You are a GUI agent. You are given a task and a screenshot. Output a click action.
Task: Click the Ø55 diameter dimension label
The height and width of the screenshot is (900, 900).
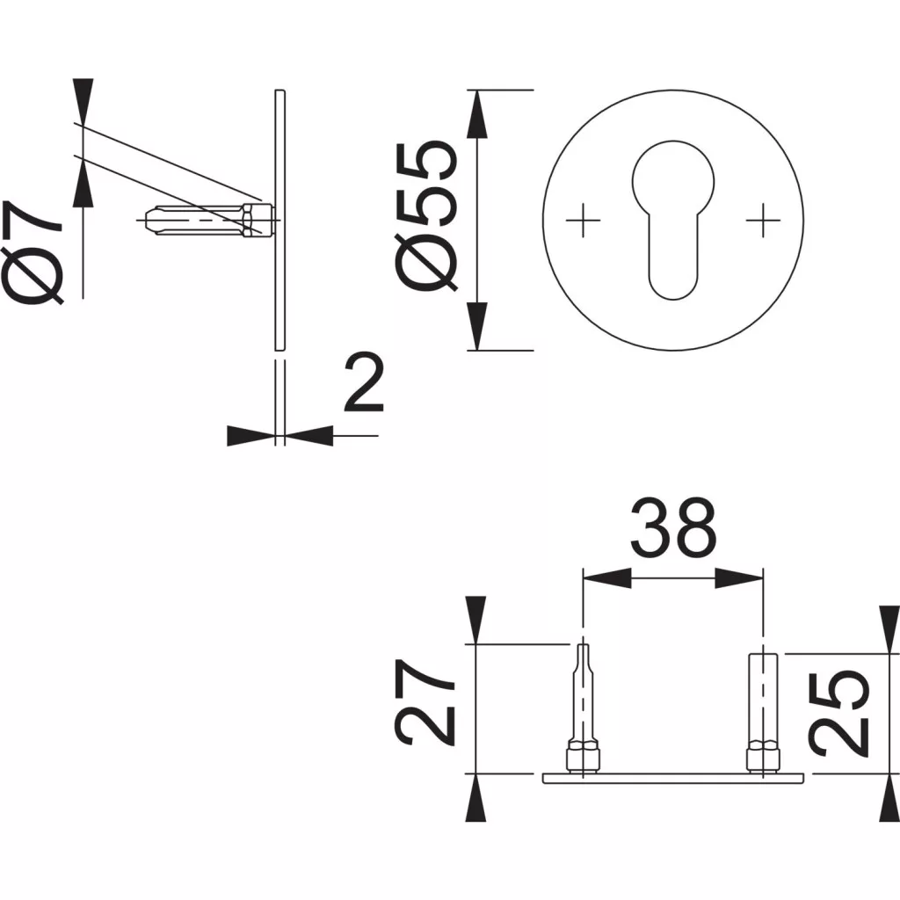[426, 216]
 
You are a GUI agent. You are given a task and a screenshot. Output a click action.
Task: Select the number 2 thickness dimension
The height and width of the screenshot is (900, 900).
[364, 384]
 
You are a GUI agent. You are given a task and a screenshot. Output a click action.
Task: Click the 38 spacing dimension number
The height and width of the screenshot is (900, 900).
[673, 527]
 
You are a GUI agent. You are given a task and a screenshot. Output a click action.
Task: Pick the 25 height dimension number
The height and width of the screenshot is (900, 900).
[838, 714]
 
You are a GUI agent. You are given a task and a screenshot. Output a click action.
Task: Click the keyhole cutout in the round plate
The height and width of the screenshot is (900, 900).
[673, 220]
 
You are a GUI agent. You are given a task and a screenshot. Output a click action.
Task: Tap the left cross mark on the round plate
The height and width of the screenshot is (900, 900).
[584, 220]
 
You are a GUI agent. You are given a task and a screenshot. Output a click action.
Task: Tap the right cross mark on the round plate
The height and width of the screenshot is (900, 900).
[763, 220]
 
